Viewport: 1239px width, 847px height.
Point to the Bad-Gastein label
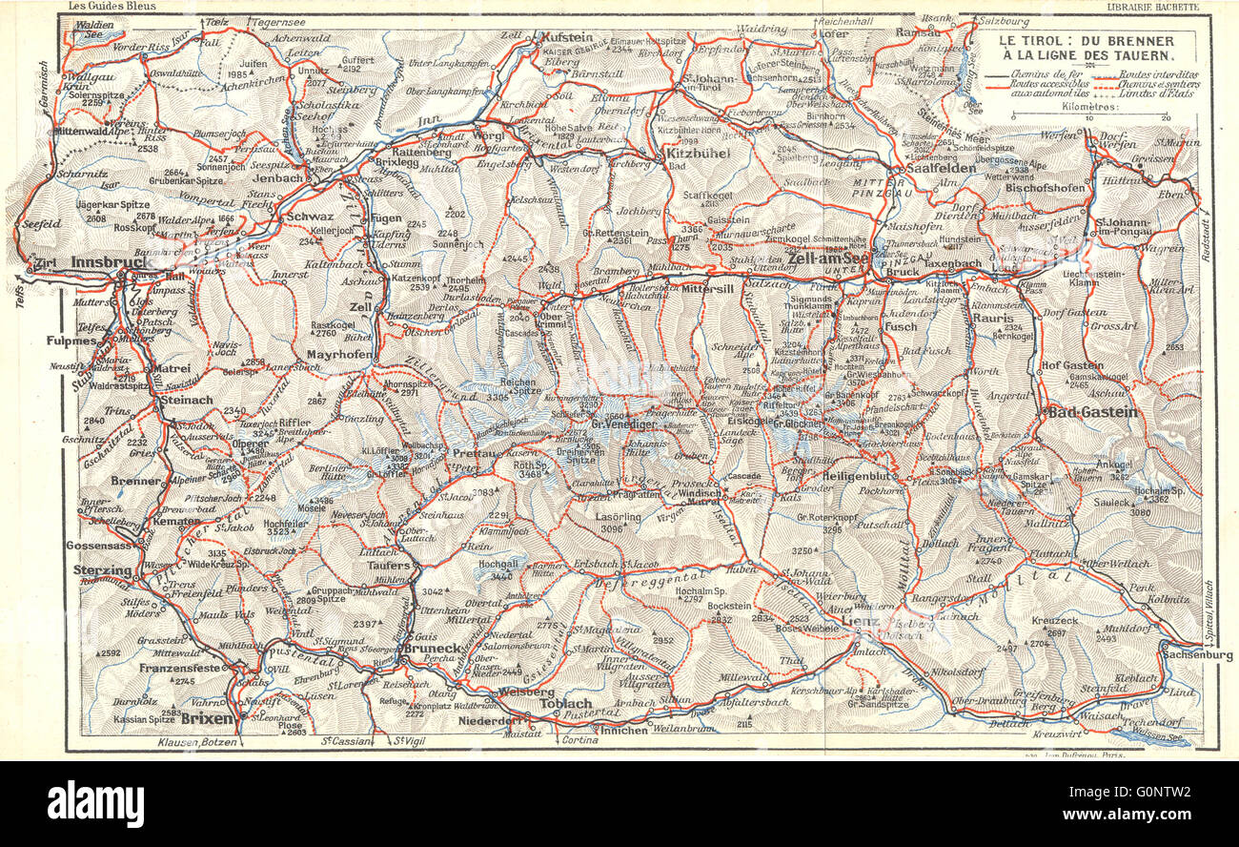[1092, 412]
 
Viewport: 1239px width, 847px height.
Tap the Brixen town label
[207, 717]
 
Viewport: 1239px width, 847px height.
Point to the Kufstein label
[568, 36]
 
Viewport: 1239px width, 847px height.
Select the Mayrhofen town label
[337, 355]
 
